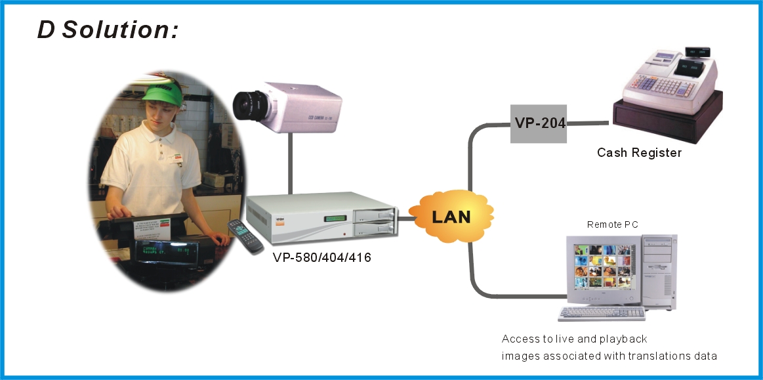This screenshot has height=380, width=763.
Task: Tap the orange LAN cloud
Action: click(451, 216)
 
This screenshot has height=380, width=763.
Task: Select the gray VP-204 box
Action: click(538, 123)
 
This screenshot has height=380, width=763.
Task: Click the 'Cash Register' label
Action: click(639, 153)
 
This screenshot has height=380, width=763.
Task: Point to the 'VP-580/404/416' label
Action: click(321, 258)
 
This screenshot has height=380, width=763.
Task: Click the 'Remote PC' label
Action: click(611, 225)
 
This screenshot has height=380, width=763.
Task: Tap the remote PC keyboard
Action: click(601, 314)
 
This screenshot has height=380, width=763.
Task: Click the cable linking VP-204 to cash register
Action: click(588, 123)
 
